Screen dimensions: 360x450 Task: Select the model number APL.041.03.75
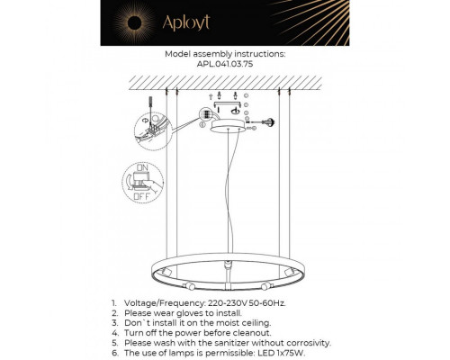point(224,65)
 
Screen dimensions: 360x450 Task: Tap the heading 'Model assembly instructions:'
point(224,54)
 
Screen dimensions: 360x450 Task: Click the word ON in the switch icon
point(141,168)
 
